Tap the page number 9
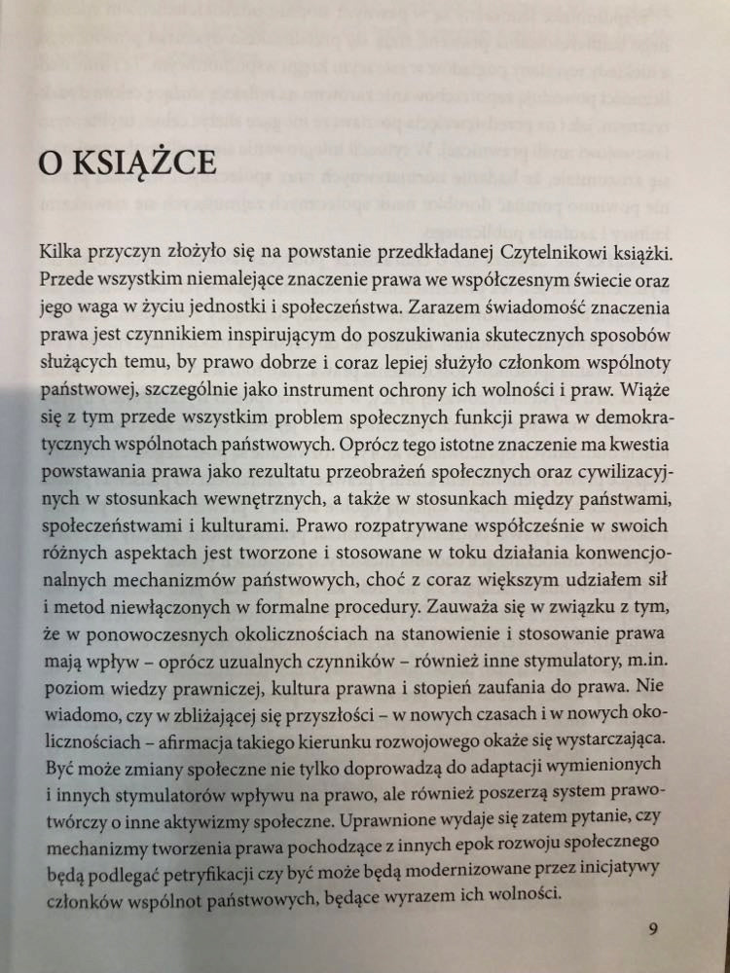point(653,927)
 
